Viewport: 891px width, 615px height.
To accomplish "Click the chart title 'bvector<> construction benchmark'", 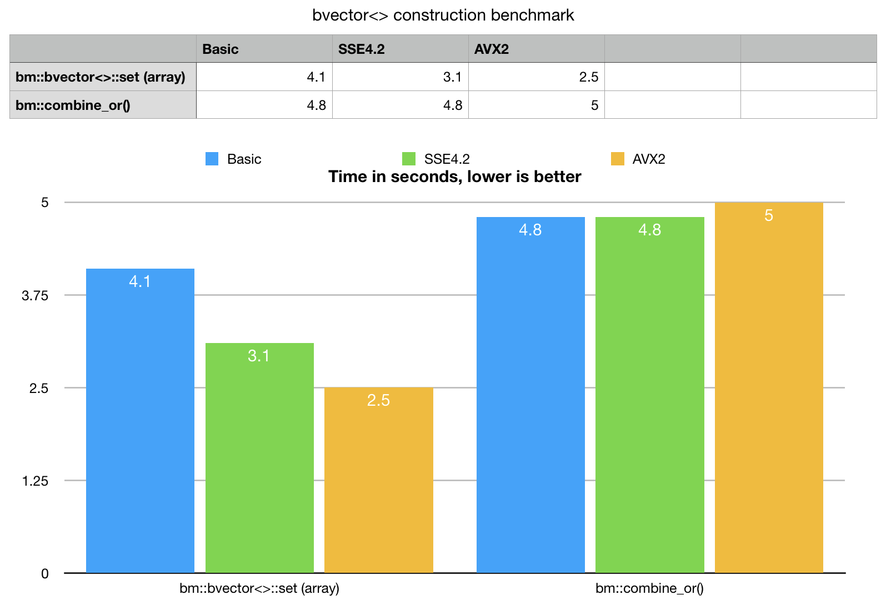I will coord(443,15).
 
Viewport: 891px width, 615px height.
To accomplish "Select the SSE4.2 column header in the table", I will coord(362,49).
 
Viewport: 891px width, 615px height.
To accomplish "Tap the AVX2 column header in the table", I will coord(492,49).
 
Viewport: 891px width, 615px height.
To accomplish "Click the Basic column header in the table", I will coord(221,49).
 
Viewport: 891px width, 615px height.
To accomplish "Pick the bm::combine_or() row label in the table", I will coord(73,105).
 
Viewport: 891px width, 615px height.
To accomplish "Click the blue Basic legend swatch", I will coord(212,159).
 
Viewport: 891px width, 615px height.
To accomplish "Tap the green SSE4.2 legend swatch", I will coord(409,159).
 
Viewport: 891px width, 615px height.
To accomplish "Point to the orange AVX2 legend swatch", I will coord(617,159).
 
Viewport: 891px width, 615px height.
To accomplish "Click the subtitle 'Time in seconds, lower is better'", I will coord(454,177).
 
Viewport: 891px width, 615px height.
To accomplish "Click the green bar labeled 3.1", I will coord(259,457).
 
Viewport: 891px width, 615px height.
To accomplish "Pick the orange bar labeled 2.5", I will coord(378,480).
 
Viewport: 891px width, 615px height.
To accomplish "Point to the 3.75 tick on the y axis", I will coord(35,295).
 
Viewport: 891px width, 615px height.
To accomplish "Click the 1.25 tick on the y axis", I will coord(35,481).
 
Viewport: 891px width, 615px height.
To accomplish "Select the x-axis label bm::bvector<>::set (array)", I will coord(259,588).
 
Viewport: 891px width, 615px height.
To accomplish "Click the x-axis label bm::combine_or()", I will coord(649,588).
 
